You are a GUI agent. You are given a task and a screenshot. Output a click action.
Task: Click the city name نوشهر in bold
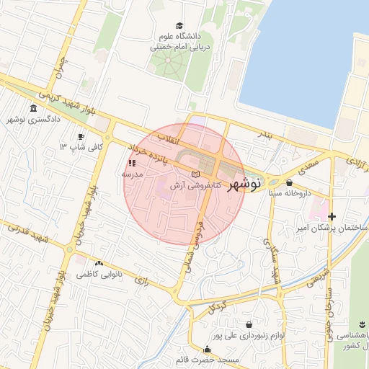[244, 185]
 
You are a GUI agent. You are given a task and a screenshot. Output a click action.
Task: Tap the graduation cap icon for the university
[179, 26]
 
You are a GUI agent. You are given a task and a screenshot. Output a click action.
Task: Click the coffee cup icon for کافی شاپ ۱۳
[81, 136]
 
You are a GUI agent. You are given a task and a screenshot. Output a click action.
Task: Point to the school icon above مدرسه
[131, 164]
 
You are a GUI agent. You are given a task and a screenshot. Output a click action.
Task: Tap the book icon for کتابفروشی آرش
[195, 174]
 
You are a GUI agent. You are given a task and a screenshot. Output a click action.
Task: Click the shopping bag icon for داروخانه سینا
[289, 182]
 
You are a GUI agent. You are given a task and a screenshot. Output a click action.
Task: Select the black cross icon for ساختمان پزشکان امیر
[332, 216]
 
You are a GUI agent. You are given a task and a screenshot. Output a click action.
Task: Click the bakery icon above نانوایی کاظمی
[99, 264]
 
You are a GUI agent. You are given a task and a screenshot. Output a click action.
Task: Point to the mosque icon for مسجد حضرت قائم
[208, 350]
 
